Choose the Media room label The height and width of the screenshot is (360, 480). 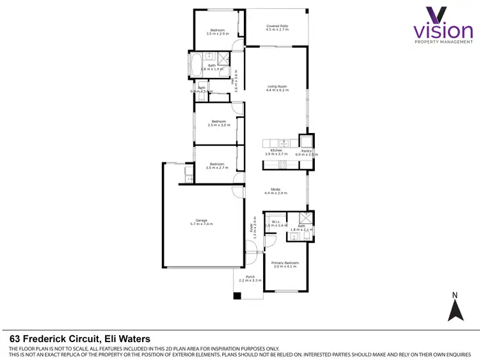pyautogui.click(x=277, y=191)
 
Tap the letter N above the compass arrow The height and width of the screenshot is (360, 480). pyautogui.click(x=455, y=295)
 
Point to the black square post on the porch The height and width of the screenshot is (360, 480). pyautogui.click(x=237, y=296)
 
